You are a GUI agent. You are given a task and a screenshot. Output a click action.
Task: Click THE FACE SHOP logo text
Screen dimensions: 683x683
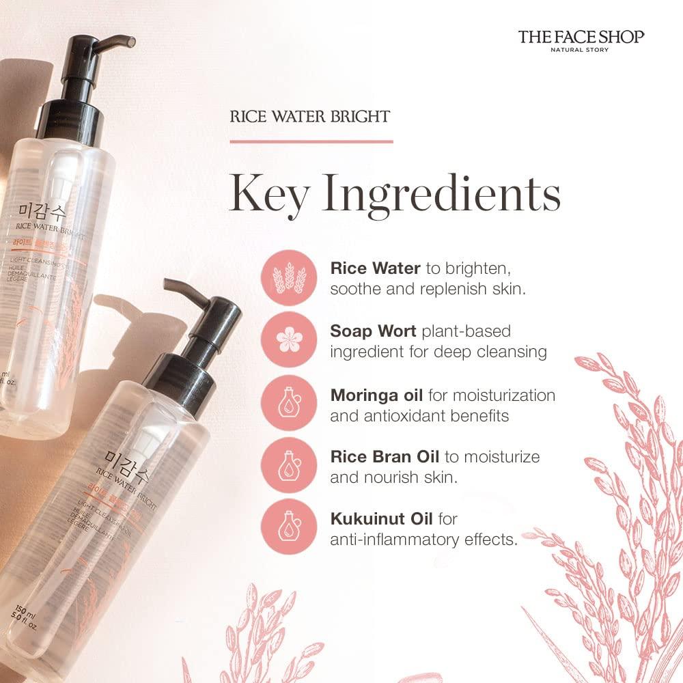[581, 36]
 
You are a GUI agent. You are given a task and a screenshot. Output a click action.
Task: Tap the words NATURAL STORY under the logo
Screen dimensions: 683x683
[580, 50]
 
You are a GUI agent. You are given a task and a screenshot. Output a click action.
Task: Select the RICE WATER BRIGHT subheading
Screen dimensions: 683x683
[310, 116]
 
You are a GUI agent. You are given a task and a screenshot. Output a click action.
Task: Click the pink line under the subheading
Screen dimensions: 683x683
[311, 141]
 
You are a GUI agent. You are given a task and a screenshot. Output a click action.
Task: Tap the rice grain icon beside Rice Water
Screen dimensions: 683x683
[289, 278]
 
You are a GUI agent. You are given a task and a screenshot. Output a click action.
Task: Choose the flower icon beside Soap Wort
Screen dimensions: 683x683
[289, 341]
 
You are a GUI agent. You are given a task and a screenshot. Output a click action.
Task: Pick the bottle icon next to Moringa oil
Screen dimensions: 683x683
[289, 404]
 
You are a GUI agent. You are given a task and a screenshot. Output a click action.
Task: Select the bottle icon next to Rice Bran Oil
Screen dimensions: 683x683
[289, 466]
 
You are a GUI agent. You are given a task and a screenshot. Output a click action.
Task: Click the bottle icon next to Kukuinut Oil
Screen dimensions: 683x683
[289, 528]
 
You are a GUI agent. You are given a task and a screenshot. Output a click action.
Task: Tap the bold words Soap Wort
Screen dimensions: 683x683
[374, 331]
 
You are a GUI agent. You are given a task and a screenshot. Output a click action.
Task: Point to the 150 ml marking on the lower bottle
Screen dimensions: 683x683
[15, 610]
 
